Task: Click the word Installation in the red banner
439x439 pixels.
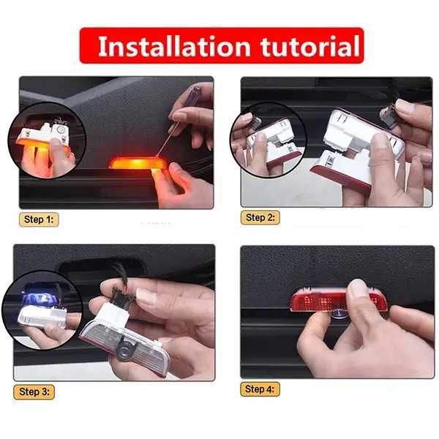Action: coord(174,46)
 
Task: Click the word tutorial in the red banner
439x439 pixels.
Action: coord(310,46)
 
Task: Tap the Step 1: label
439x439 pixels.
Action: coord(39,219)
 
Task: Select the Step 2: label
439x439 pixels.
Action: coord(260,217)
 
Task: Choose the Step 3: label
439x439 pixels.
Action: coord(34,391)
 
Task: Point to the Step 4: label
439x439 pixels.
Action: coord(260,389)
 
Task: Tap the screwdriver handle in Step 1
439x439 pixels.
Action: coord(195,94)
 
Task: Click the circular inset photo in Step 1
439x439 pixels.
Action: coord(47,140)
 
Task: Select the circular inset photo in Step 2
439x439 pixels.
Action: coord(268,140)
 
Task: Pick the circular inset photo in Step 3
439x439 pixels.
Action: coord(42,311)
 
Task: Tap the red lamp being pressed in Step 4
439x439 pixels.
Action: coord(339,299)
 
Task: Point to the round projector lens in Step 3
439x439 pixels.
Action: coord(126,348)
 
